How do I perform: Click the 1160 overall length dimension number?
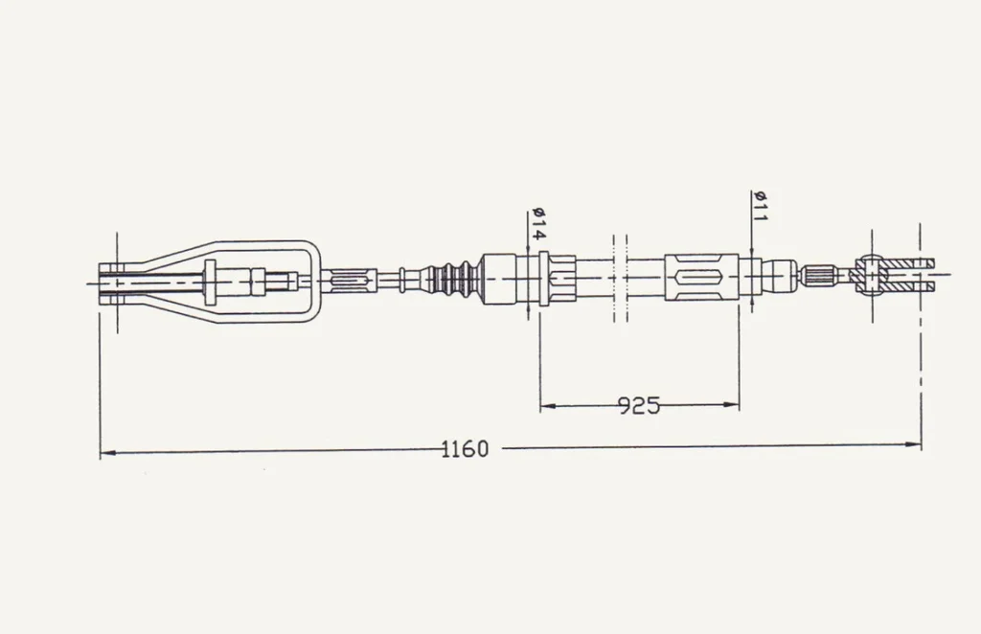tap(465, 449)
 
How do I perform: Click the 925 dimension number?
tap(639, 406)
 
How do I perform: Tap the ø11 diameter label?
tap(760, 206)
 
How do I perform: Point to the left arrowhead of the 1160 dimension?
tap(107, 451)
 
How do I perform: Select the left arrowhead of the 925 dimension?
tap(548, 406)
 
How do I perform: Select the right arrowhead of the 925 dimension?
tap(731, 404)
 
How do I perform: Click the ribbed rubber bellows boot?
tap(452, 278)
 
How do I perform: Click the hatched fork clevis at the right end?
tap(896, 275)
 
